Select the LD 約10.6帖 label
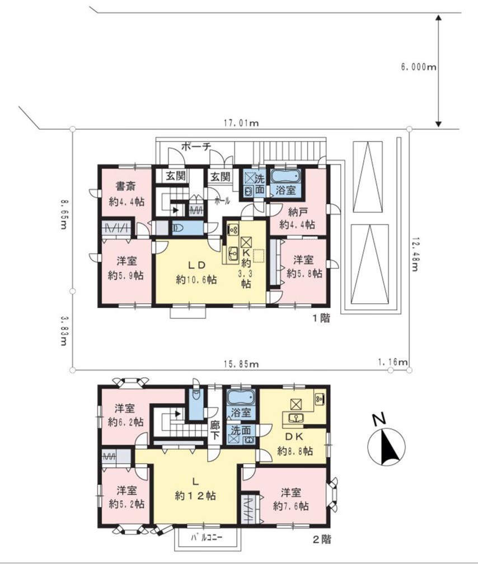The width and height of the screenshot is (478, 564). click(x=196, y=272)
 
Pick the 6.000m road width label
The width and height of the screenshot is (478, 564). click(x=418, y=67)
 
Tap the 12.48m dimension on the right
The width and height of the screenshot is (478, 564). click(x=414, y=254)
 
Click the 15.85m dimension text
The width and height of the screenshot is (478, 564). click(x=241, y=364)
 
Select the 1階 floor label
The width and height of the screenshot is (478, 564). click(x=321, y=318)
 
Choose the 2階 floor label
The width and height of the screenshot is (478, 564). click(x=321, y=539)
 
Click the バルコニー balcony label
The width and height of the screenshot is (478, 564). click(x=207, y=538)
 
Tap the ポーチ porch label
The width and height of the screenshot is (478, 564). click(x=196, y=146)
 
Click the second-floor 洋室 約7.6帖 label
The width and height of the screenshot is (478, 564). click(x=291, y=499)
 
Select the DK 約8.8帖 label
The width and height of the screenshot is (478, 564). click(x=295, y=444)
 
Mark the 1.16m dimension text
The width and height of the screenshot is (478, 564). click(x=395, y=362)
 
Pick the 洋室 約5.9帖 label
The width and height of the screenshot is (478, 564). click(x=126, y=268)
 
